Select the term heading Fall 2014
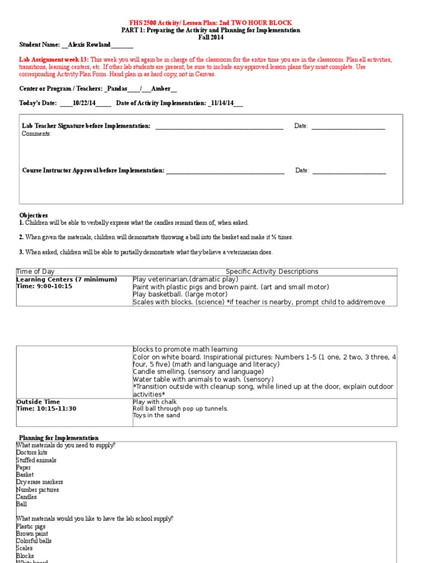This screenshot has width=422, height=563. (x=210, y=37)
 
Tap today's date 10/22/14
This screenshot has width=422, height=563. (x=85, y=103)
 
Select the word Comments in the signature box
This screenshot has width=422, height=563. (x=36, y=134)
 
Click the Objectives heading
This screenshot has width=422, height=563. (x=34, y=215)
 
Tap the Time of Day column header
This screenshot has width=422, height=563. (x=36, y=272)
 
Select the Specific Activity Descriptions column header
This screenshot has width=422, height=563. (x=272, y=272)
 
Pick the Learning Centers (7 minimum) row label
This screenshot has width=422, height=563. (x=66, y=279)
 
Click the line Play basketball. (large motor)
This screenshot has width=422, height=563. (x=180, y=294)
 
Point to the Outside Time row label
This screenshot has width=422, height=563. (x=38, y=402)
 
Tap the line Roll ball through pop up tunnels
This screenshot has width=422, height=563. (x=173, y=409)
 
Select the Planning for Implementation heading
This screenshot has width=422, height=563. (x=59, y=438)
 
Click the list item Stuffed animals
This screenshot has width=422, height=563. (x=36, y=460)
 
